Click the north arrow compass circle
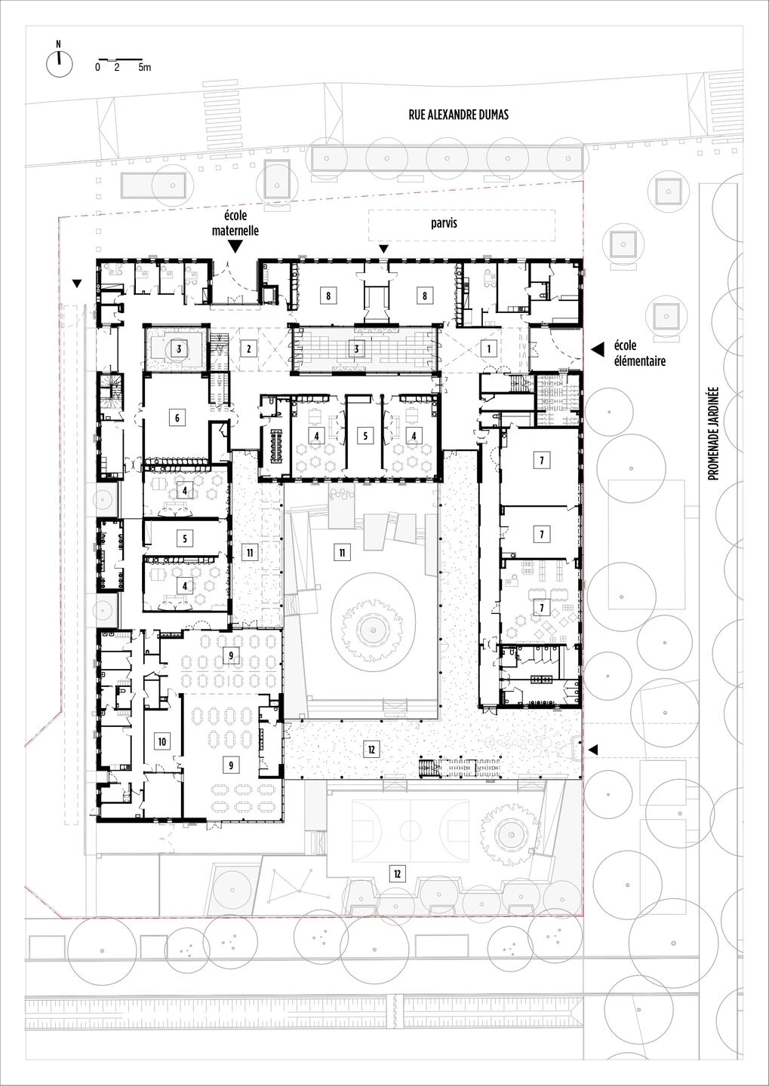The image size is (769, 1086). click(57, 65)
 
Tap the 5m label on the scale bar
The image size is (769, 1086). click(144, 68)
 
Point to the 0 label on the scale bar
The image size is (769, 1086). click(97, 68)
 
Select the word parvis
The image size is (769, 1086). click(444, 223)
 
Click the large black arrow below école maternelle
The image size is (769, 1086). click(235, 246)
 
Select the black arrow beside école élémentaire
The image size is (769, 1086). click(597, 349)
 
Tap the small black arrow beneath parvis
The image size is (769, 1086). click(383, 250)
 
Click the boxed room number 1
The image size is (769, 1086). click(489, 348)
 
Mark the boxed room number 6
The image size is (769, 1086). click(177, 418)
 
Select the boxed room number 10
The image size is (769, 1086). click(161, 741)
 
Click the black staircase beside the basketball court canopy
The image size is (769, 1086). click(429, 768)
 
